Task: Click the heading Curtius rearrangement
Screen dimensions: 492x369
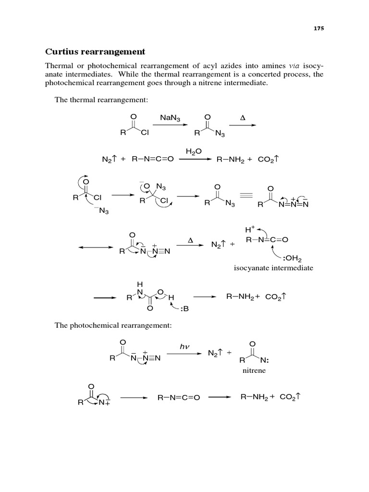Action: (x=95, y=51)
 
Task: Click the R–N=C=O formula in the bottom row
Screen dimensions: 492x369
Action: (x=178, y=398)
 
